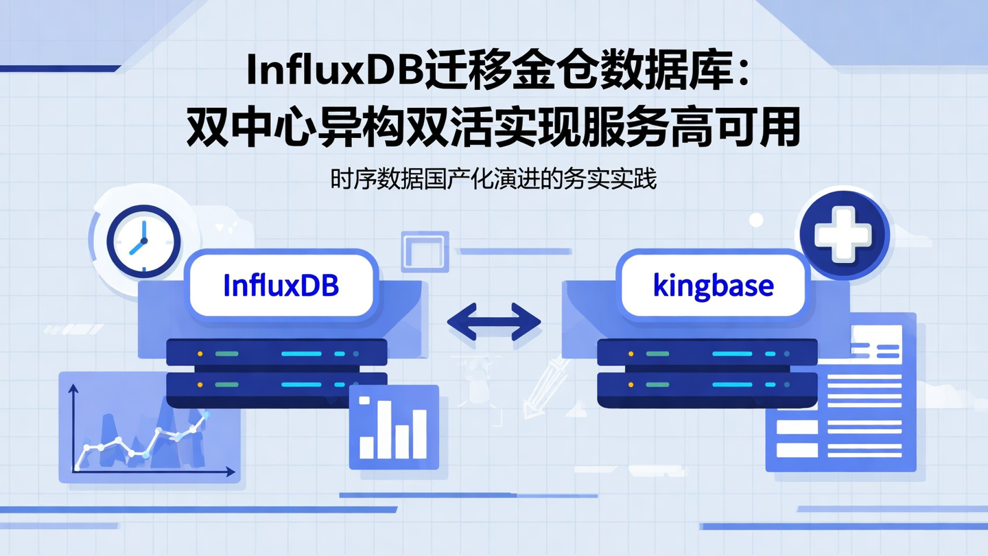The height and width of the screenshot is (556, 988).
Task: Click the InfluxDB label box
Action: [281, 285]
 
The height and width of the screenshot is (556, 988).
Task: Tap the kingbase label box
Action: [713, 285]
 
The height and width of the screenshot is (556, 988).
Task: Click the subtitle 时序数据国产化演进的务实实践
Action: [493, 179]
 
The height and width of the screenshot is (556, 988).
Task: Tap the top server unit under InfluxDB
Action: [277, 353]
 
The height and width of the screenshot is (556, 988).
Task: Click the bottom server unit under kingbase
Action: [707, 386]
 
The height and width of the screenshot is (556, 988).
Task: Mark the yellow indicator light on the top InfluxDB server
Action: [200, 354]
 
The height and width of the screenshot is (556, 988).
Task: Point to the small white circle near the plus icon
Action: [756, 220]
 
